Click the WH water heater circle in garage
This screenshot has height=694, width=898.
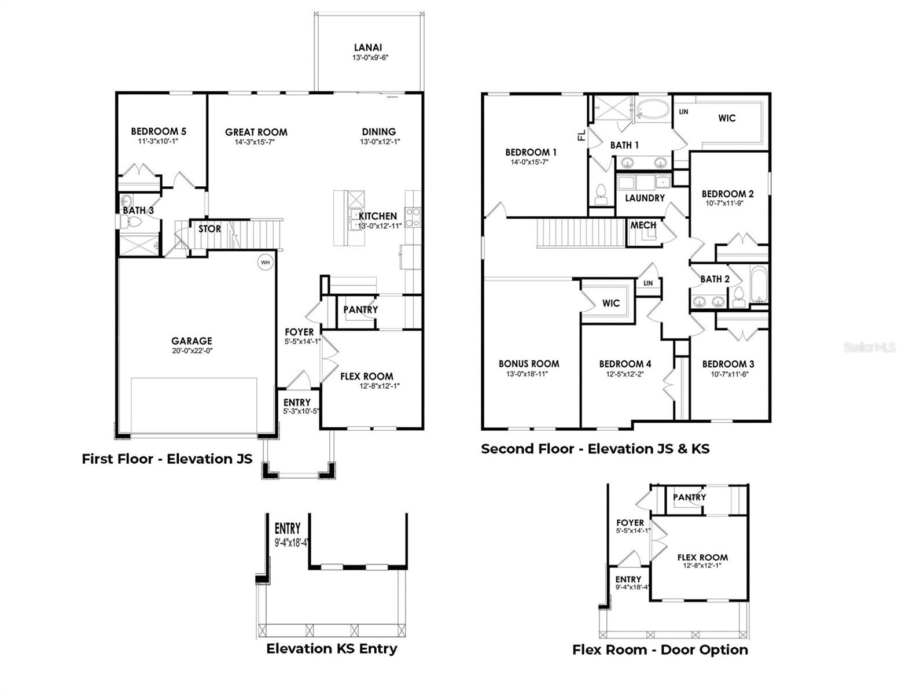tap(265, 262)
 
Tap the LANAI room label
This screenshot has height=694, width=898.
tap(368, 48)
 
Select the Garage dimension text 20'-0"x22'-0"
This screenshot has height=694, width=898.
tap(192, 350)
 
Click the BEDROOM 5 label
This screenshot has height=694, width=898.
tap(159, 131)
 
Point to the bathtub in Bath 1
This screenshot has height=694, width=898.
tap(652, 109)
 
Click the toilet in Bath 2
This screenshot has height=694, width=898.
tap(738, 298)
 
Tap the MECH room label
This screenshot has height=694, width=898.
tap(643, 225)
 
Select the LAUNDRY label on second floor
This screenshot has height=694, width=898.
tap(645, 198)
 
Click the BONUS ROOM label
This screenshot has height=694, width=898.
tap(529, 364)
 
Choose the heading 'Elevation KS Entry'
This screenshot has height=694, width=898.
tap(332, 648)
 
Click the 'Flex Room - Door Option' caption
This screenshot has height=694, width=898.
tap(660, 649)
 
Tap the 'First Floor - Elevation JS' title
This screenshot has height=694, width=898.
tap(167, 459)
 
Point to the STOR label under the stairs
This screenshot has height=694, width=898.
tap(209, 229)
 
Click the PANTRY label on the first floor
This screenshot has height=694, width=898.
tap(360, 310)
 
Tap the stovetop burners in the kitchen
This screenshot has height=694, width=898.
tap(413, 217)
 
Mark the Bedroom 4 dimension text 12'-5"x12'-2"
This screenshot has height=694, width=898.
tap(625, 374)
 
